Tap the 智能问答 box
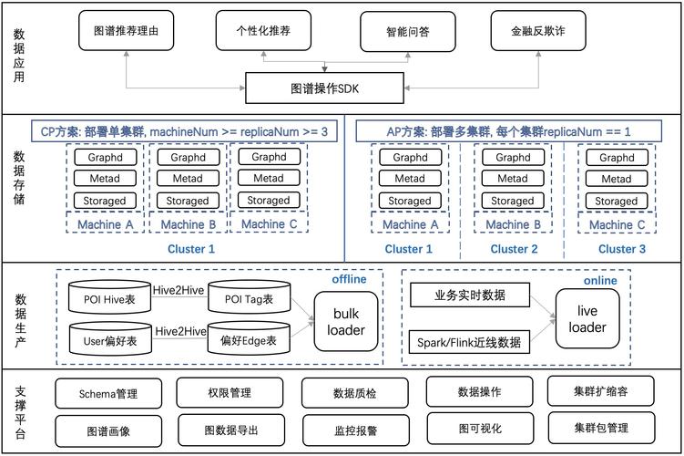pos(407,31)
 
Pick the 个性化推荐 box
pos(265,30)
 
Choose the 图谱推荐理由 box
pos(126,30)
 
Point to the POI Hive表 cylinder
pos(108,298)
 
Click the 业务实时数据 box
pos(470,295)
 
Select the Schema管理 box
pos(108,394)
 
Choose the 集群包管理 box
pos(601,427)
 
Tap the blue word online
pos(600,281)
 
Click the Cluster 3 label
pos(622,249)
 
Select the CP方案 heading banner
pos(184,132)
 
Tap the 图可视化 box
pos(477,427)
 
